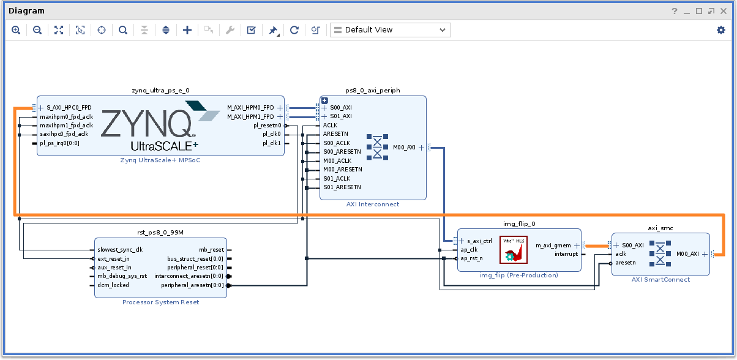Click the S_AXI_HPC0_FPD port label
69,108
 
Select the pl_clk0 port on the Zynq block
272,134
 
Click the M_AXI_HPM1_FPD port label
250,116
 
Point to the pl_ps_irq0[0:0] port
59,143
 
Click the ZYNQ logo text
147,124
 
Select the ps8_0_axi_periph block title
372,90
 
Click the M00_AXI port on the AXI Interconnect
403,147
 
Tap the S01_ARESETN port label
342,187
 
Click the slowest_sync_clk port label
120,250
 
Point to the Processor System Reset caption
160,302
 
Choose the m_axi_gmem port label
553,246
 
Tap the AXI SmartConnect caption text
660,280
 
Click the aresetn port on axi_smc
626,263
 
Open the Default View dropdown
390,30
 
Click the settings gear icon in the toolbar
720,30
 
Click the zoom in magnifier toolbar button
16,30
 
